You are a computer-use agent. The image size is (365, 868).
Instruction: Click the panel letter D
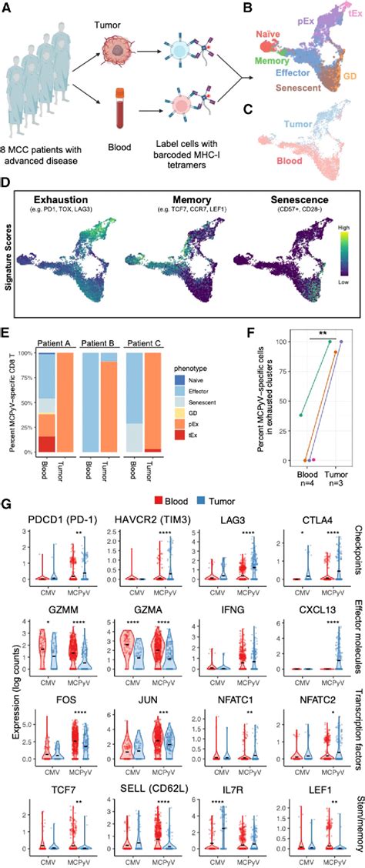coord(7,185)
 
